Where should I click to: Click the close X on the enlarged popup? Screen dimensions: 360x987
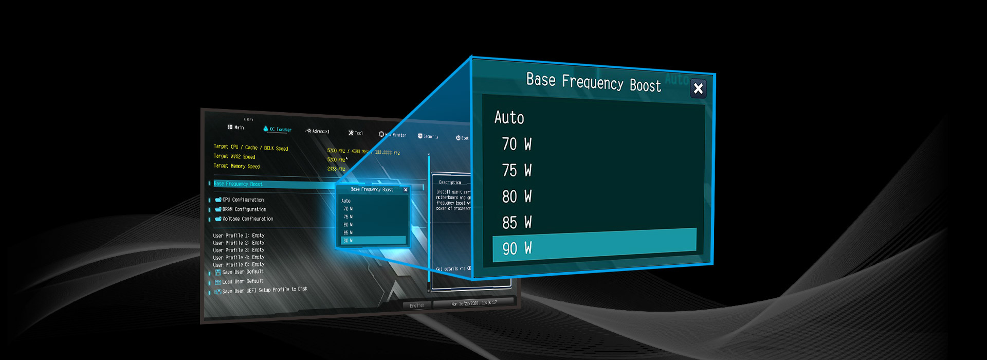point(698,89)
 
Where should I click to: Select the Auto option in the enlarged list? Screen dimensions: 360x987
point(509,118)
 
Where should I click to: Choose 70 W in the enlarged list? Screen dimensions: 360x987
point(517,144)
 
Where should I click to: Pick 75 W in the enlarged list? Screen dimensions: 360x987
point(517,170)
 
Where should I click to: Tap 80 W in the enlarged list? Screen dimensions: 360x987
point(517,196)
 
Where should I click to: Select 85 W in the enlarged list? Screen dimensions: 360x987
point(517,223)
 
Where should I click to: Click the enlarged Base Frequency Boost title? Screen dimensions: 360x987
point(593,82)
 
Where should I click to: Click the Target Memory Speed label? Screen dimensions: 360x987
point(236,166)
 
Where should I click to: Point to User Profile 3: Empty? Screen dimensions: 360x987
point(239,250)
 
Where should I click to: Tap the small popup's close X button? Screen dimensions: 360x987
point(406,190)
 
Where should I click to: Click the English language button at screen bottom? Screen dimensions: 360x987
point(417,305)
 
